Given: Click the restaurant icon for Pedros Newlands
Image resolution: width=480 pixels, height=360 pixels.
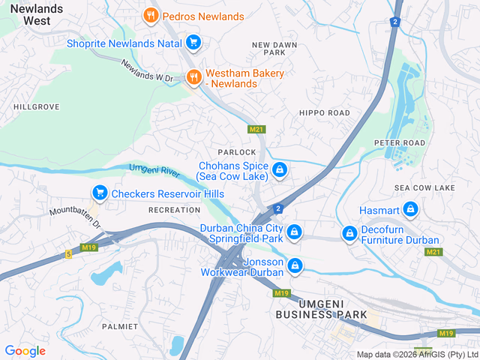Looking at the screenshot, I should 151,15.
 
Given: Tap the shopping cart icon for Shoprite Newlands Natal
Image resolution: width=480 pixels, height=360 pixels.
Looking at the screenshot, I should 193,43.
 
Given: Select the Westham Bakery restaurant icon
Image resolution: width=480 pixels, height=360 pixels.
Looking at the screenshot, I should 193,76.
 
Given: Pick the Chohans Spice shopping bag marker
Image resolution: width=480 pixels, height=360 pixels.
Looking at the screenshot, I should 280,170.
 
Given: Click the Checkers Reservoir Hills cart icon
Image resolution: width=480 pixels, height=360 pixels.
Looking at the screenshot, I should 99,193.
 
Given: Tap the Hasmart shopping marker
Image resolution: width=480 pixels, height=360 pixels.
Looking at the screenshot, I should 409,208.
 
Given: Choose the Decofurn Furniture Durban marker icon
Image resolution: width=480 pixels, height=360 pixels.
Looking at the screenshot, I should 349,234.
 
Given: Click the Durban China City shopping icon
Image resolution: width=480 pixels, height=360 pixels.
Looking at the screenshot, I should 295,232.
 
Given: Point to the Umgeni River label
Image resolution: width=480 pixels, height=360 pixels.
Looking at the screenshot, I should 154,170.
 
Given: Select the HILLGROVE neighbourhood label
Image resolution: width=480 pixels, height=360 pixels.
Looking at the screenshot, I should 36,107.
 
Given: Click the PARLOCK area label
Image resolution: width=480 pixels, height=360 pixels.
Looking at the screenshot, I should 237,152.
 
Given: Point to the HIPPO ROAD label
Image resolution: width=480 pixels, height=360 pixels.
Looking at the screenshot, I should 324,112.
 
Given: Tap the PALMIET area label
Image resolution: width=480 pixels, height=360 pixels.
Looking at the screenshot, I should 120,327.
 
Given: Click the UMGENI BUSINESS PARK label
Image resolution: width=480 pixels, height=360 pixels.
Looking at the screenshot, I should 321,308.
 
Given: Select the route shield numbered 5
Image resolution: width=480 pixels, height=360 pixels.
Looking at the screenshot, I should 67,254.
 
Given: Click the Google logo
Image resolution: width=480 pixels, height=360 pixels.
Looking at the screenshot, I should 25,350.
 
